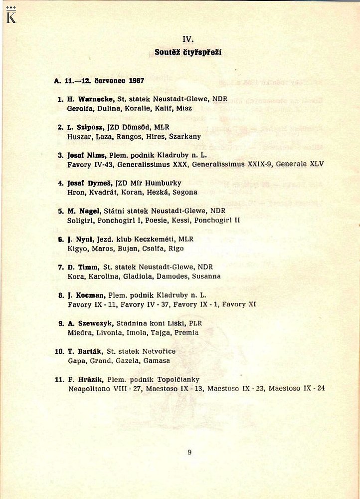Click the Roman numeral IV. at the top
(188, 39)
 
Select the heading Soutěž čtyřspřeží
(188, 52)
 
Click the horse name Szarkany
(185, 136)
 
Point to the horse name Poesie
(157, 220)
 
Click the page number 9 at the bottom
(190, 453)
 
